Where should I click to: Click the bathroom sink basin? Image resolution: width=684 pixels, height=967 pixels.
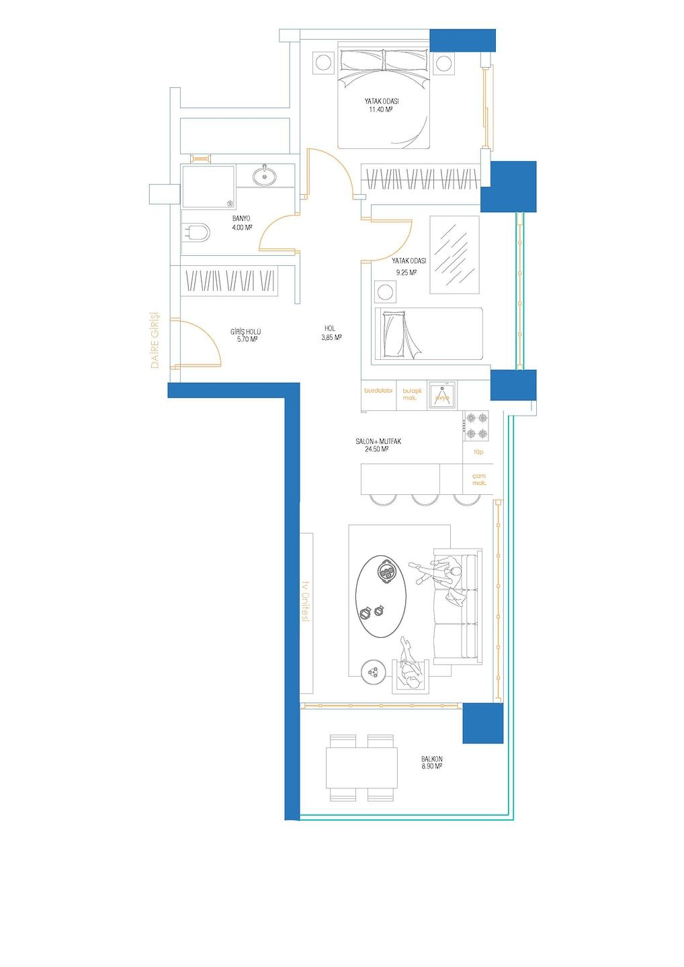[264, 176]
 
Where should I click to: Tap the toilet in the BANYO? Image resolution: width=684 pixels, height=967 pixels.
[196, 233]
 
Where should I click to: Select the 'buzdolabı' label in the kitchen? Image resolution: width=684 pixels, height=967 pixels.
[378, 390]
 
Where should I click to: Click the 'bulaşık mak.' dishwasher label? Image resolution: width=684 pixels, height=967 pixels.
[410, 394]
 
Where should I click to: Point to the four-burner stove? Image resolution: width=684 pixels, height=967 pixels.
[476, 425]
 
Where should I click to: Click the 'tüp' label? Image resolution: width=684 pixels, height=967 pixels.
[478, 452]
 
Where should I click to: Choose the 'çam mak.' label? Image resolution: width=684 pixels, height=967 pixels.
[478, 479]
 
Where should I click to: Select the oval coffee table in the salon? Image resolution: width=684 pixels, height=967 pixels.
[380, 596]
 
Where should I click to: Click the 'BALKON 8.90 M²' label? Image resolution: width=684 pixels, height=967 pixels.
[432, 762]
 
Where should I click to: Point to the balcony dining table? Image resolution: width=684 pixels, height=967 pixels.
[361, 768]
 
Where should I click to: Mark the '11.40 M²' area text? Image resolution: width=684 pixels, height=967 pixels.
[380, 109]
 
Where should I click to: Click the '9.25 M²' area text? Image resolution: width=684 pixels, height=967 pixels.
[406, 273]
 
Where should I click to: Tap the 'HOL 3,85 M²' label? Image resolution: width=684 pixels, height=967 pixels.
[331, 333]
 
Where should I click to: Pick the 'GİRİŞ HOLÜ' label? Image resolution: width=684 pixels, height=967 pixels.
[245, 332]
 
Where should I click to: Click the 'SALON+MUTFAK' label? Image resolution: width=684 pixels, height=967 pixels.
[378, 442]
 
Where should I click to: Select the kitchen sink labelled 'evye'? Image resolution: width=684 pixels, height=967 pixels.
[442, 395]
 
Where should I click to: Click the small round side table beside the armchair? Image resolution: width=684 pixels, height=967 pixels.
[374, 672]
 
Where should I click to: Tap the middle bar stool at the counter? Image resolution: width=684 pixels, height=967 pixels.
[425, 499]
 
